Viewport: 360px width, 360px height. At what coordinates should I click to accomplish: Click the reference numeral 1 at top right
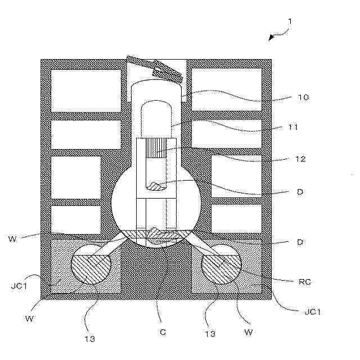point(289,22)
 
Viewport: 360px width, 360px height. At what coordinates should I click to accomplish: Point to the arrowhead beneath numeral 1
point(271,38)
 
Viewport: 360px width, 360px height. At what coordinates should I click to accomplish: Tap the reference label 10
point(303,97)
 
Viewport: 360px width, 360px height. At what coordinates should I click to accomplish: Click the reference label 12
point(300,159)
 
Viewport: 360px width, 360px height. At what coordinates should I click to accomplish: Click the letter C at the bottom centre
point(163,332)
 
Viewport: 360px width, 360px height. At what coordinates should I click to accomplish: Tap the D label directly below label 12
point(300,192)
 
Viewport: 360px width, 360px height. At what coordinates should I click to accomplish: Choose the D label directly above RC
point(300,243)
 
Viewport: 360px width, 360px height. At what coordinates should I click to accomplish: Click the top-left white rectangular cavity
point(85,90)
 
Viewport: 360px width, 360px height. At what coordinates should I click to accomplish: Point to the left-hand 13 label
point(91,339)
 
